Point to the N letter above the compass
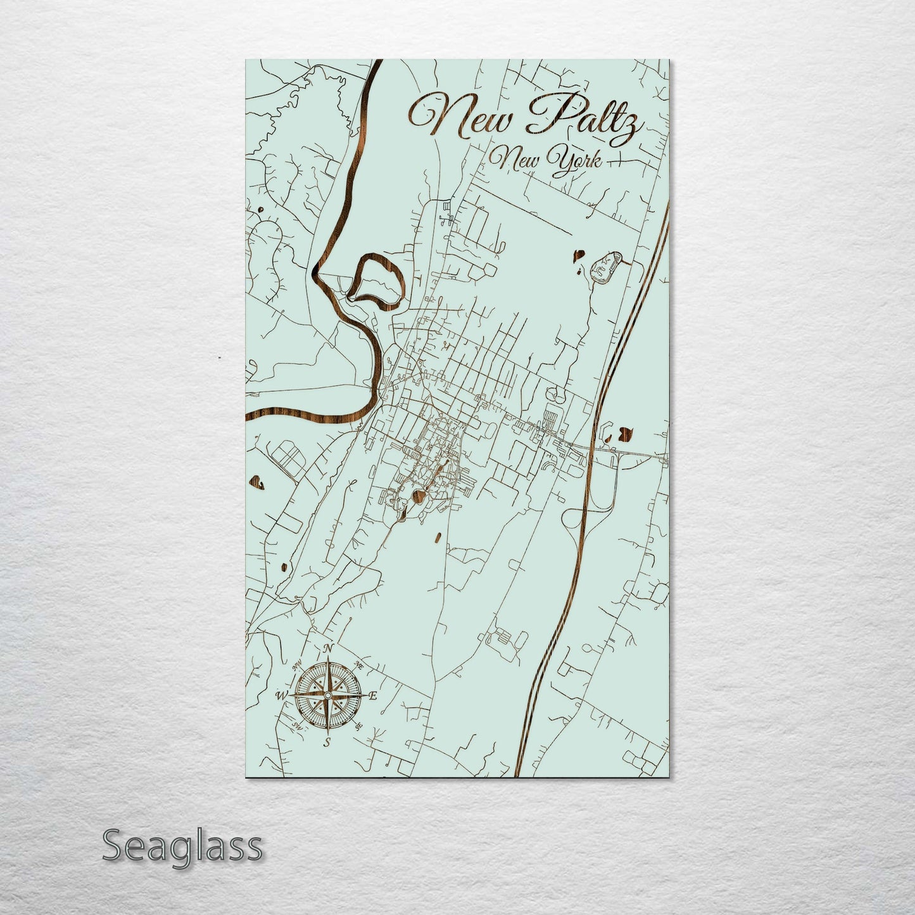click(x=328, y=648)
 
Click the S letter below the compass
click(x=327, y=743)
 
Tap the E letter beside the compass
click(x=373, y=696)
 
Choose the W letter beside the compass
click(x=281, y=695)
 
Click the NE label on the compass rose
click(x=358, y=666)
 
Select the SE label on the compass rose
click(x=358, y=726)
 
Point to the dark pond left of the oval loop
click(x=578, y=256)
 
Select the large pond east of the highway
click(x=625, y=433)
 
